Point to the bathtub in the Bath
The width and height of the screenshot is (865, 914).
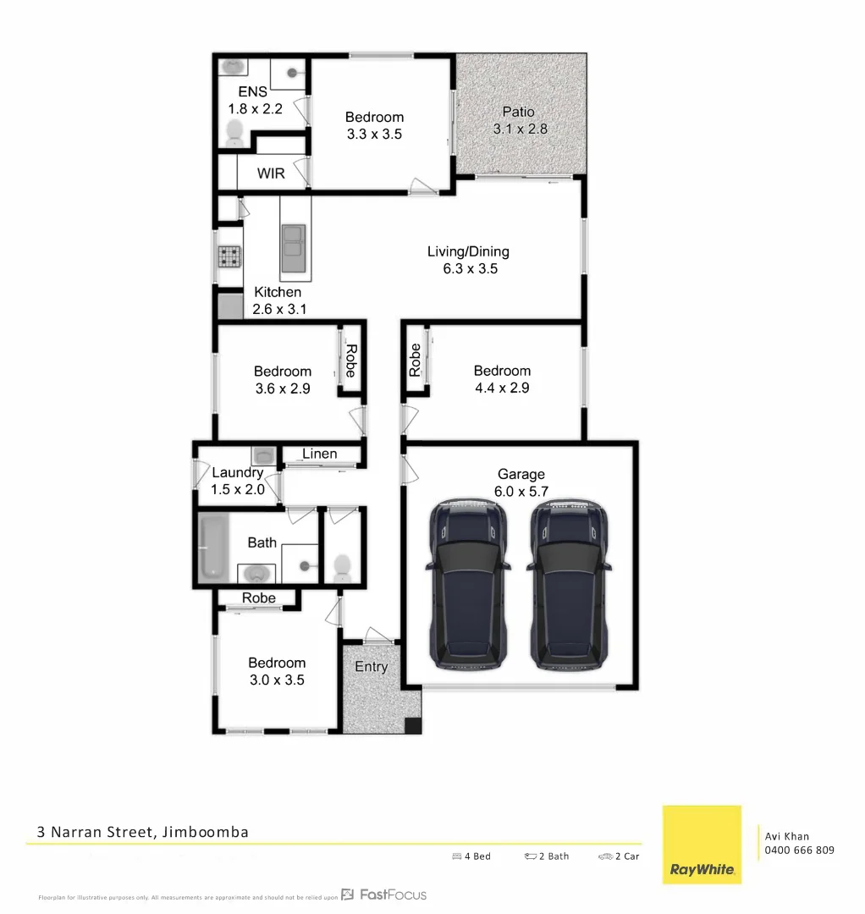(213, 548)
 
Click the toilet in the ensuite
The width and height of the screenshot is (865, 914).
(234, 132)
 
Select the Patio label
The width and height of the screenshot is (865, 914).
(518, 112)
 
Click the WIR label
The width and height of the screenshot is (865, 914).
(271, 173)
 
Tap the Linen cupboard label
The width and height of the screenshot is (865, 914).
(319, 454)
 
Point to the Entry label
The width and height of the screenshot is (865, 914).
(371, 667)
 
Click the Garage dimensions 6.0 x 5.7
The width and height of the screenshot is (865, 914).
(521, 491)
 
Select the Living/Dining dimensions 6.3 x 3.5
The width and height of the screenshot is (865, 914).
(468, 269)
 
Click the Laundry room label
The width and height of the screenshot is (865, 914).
(237, 473)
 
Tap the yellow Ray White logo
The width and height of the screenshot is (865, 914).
(702, 845)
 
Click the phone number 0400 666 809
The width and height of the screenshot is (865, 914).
(799, 850)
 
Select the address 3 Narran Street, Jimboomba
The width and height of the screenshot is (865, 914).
(143, 832)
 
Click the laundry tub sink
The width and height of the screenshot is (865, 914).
(262, 454)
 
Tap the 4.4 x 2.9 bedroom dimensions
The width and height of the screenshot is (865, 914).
(502, 388)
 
